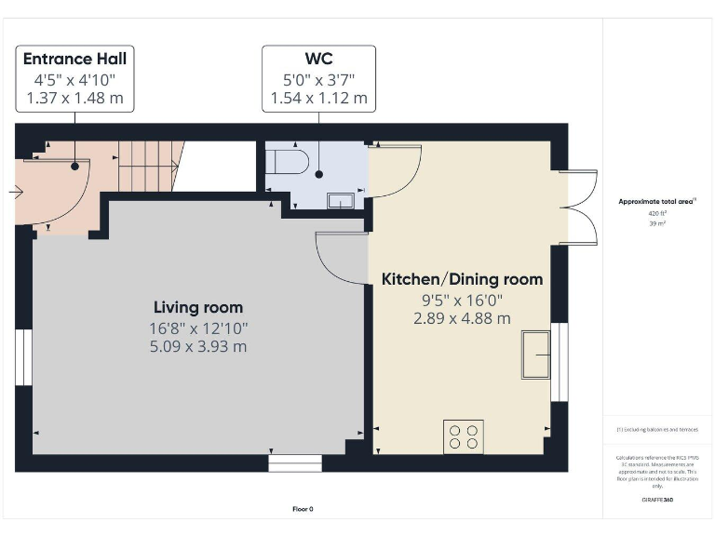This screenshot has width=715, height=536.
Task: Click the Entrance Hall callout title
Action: [x=74, y=59]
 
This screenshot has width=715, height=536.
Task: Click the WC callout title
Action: [x=319, y=59]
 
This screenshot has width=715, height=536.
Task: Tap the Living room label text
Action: [x=198, y=307]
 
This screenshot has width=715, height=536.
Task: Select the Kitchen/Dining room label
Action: [x=462, y=279]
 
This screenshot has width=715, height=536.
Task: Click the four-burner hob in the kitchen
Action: [x=463, y=436]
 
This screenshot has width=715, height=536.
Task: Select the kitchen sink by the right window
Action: [x=535, y=354]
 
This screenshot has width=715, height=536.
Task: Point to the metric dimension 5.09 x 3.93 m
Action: [x=198, y=347]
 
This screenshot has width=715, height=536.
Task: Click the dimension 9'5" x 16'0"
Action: [x=462, y=300]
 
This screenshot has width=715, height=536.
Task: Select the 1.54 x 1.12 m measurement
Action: [x=319, y=98]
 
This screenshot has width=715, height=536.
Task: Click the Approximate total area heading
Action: [x=657, y=201]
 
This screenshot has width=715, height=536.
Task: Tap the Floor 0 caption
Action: [x=303, y=509]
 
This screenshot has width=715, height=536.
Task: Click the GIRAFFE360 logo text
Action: [x=657, y=501]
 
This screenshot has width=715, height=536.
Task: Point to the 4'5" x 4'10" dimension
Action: [x=74, y=79]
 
